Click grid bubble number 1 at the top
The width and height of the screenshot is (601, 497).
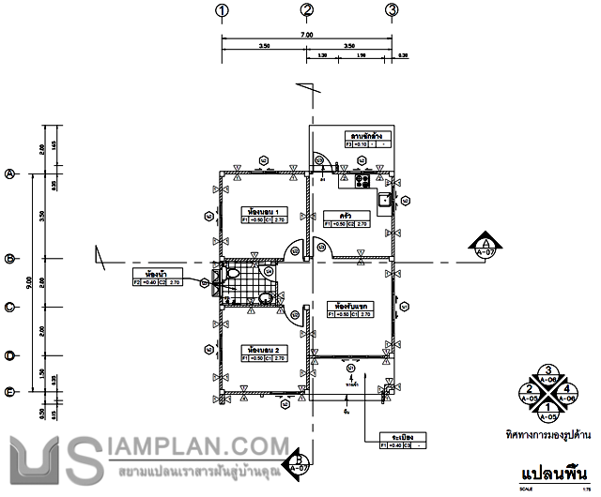[x=223, y=11]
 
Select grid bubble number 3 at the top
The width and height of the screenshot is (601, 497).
[x=392, y=11]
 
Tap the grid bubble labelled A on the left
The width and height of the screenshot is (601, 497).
[x=11, y=174]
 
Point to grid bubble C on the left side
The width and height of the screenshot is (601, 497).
[x=11, y=307]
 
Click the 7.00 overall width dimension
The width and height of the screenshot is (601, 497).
[x=306, y=36]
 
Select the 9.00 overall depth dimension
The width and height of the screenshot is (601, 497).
[x=30, y=280]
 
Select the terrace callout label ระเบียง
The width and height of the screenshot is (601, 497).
[x=391, y=437]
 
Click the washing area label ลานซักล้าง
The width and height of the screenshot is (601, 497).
[x=366, y=135]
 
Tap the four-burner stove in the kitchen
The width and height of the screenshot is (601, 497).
[x=363, y=179]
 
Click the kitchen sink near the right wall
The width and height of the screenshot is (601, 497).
[x=384, y=199]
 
